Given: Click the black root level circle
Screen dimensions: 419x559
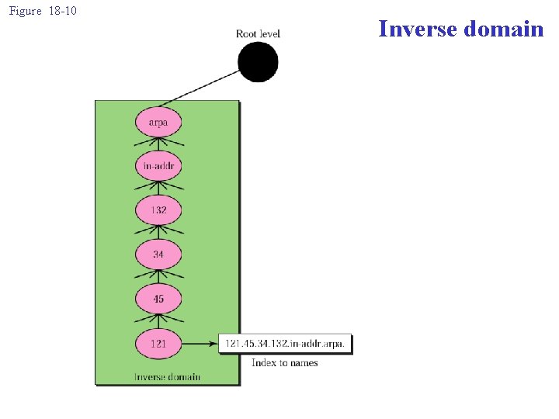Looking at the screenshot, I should (258, 62).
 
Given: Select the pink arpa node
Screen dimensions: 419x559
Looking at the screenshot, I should (158, 123).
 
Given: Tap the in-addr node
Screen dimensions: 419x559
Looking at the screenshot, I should (158, 166).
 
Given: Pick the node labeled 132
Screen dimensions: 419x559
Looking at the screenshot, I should (158, 210).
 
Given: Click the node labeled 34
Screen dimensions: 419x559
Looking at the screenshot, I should (158, 255).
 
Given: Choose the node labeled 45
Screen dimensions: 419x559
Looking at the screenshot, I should (158, 299).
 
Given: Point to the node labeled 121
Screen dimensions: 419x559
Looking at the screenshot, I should (158, 343).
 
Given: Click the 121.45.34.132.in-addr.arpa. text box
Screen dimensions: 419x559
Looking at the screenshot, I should (286, 343).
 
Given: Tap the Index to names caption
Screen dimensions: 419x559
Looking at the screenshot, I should (284, 362).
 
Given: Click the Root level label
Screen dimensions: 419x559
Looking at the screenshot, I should (258, 33).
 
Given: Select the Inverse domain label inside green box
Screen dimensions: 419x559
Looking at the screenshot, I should (167, 377).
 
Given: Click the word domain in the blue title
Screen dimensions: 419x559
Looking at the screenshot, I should (504, 29).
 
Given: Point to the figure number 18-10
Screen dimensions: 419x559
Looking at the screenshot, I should (61, 11).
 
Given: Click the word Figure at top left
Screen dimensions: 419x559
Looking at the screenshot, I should (25, 11).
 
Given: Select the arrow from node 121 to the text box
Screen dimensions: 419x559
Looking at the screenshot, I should (200, 343).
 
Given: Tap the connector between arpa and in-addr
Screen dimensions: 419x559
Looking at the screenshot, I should (158, 144).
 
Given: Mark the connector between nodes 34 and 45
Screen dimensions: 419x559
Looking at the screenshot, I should (158, 277).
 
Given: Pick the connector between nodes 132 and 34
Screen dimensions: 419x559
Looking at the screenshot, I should (158, 233).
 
